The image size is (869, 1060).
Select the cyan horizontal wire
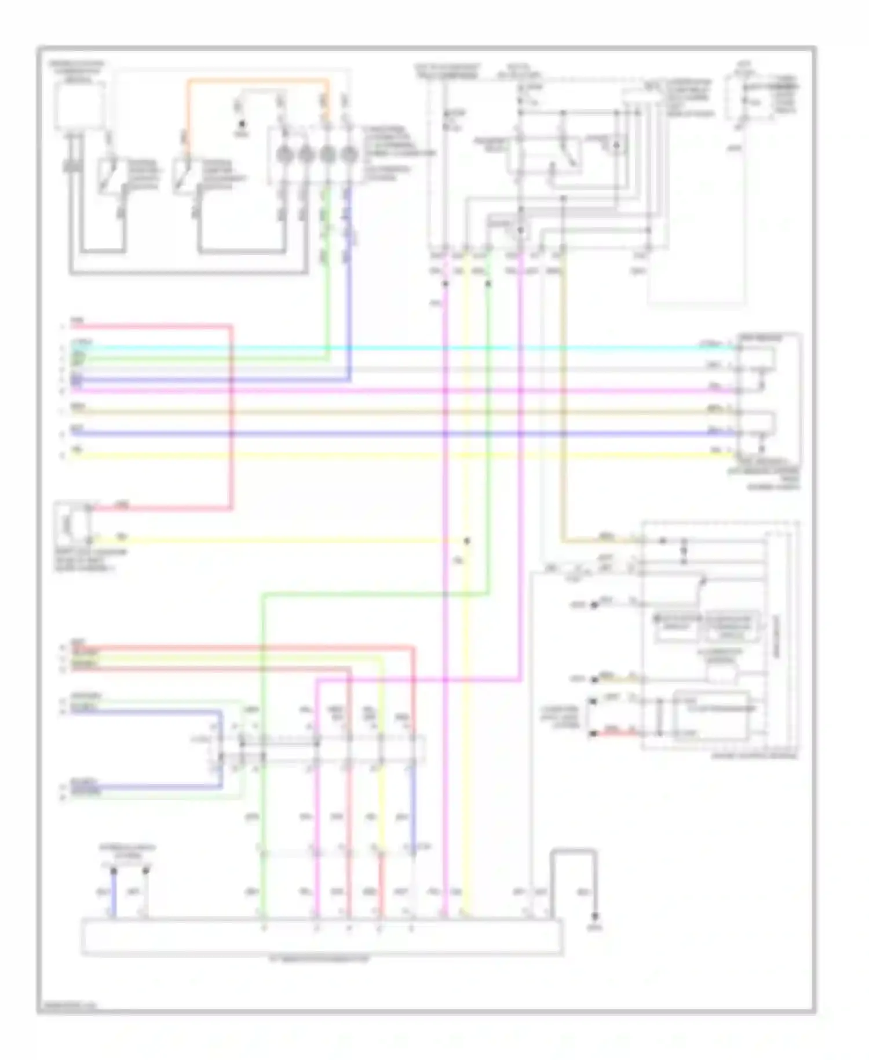coord(406,349)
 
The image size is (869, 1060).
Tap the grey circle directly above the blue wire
coord(348,155)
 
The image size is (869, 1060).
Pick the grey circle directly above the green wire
coord(327,155)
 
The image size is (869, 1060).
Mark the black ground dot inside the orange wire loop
coord(242,124)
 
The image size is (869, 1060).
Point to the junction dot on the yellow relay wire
coord(467,541)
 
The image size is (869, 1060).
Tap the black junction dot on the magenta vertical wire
coord(446,284)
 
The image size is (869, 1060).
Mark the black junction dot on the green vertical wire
coord(488,284)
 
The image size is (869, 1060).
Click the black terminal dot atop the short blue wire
coord(114,871)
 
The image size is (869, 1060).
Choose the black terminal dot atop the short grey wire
coord(146,871)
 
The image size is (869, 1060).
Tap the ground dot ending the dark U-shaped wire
coord(595,917)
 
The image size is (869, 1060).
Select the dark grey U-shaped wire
coord(574,852)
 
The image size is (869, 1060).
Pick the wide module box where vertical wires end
coord(322,936)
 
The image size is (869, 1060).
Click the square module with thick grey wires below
coord(80,106)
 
